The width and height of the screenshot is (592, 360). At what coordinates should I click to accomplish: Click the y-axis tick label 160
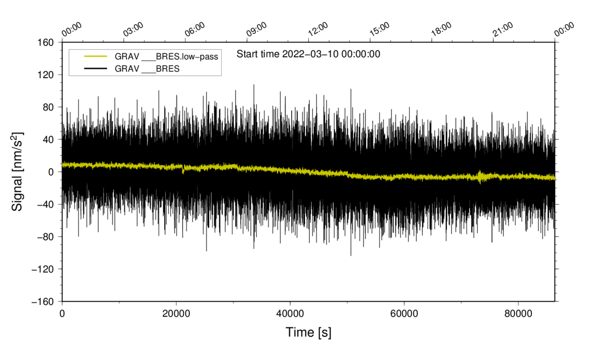48,42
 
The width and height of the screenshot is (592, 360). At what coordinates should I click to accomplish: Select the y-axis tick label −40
46,204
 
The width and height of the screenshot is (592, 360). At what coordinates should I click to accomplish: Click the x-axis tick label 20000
176,314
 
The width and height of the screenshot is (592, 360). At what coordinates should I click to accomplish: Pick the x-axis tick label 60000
404,314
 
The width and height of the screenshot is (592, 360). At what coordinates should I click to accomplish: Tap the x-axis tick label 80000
517,314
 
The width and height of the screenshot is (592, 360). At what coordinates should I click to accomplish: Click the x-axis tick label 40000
290,314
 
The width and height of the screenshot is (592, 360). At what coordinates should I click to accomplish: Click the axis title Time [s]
309,333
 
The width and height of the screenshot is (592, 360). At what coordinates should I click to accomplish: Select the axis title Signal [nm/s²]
17,172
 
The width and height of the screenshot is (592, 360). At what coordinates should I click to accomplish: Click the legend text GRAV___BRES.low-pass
166,57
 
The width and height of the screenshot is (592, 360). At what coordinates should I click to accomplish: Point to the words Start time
258,53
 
